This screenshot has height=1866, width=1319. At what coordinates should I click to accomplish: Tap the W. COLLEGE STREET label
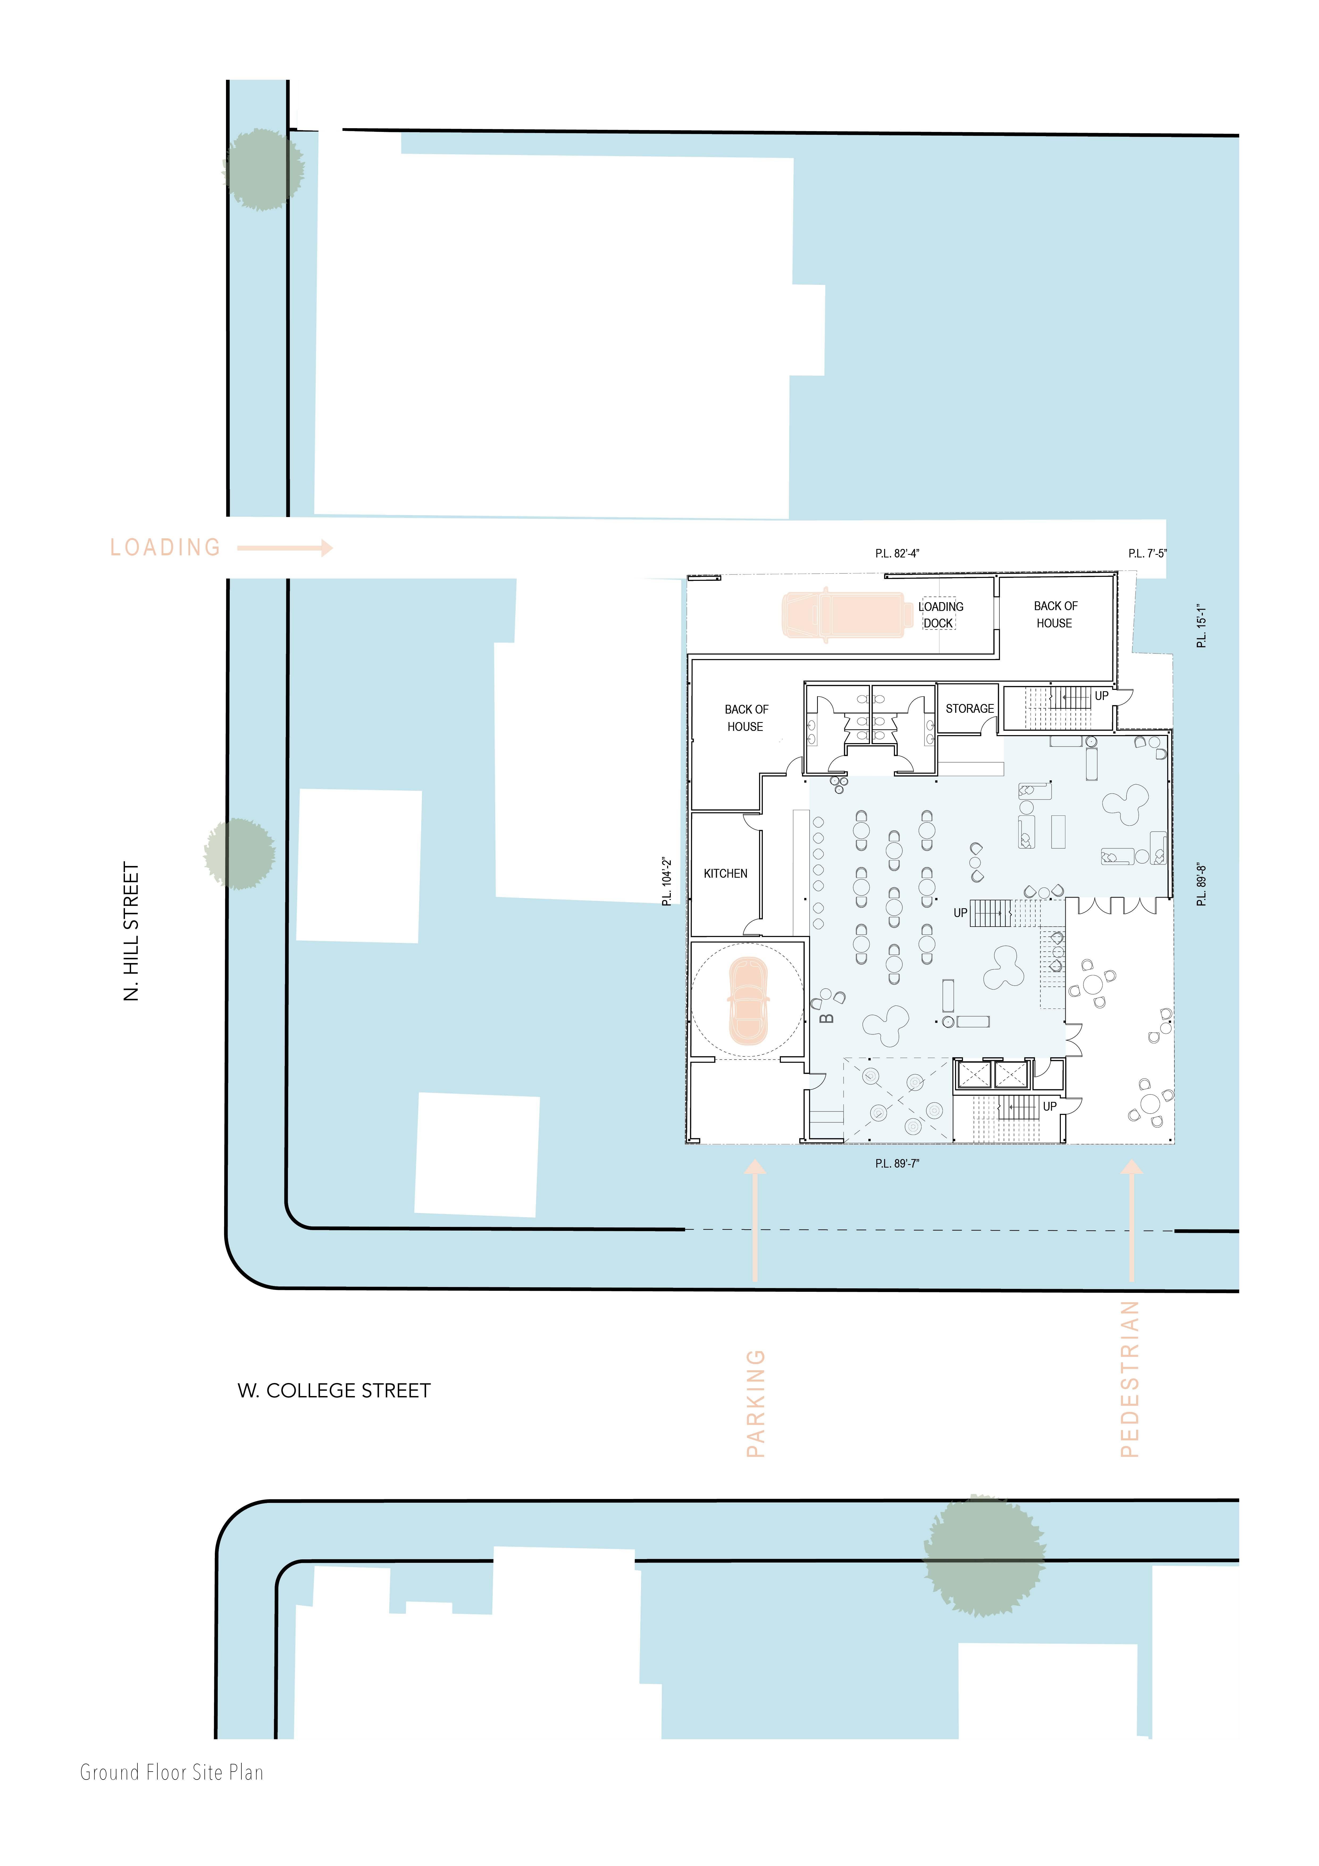pyautogui.click(x=334, y=1390)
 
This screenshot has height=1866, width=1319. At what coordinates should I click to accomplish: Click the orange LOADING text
pyautogui.click(x=166, y=548)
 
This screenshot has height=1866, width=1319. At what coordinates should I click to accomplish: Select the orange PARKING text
pyautogui.click(x=756, y=1403)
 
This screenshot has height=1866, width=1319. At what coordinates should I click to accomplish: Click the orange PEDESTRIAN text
pyautogui.click(x=1130, y=1379)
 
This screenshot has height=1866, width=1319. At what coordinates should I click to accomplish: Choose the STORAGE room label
pyautogui.click(x=970, y=709)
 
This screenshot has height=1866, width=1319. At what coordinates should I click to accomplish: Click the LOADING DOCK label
pyautogui.click(x=940, y=615)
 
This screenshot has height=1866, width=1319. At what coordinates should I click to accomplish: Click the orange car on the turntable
pyautogui.click(x=748, y=1001)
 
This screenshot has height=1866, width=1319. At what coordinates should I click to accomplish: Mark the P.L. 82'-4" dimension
pyautogui.click(x=897, y=553)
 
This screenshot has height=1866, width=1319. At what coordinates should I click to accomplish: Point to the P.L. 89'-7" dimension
pyautogui.click(x=897, y=1164)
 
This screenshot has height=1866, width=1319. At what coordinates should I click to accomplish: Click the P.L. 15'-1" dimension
pyautogui.click(x=1201, y=626)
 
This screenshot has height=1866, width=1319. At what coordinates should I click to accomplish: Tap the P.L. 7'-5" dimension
pyautogui.click(x=1148, y=553)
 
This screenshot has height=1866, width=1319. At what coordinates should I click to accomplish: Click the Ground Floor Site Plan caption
pyautogui.click(x=171, y=1773)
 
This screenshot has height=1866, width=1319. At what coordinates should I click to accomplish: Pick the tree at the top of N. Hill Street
pyautogui.click(x=262, y=169)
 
